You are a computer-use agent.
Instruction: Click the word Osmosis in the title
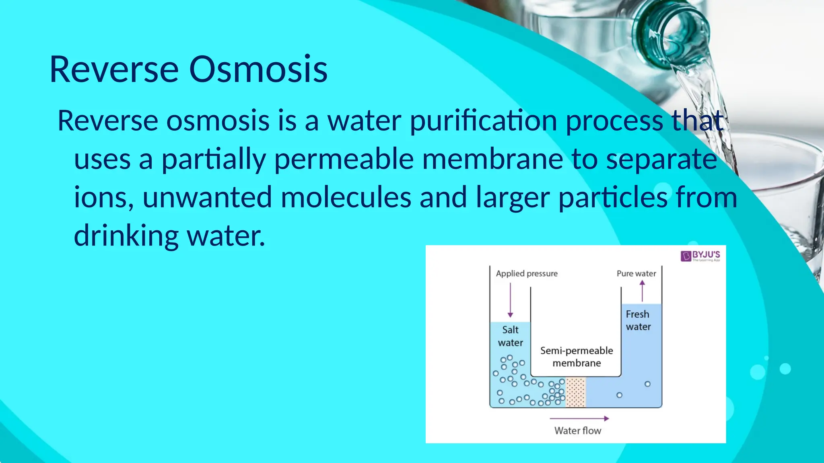click(x=258, y=70)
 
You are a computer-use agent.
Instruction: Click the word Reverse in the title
click(x=114, y=70)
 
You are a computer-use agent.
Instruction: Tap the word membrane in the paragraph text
click(x=492, y=159)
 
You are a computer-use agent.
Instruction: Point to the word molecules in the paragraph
click(x=346, y=197)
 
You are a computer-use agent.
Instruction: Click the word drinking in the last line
click(x=126, y=236)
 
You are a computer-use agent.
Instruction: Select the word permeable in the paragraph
click(x=344, y=160)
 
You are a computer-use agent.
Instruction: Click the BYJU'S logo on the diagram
click(x=700, y=256)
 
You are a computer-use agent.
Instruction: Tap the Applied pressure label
click(x=527, y=274)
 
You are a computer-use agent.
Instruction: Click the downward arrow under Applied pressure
click(x=510, y=300)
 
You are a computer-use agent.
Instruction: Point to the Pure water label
click(x=636, y=274)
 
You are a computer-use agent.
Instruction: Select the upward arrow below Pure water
click(x=642, y=291)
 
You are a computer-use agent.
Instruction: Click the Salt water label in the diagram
click(x=510, y=336)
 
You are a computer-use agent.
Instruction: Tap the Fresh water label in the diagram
click(x=638, y=320)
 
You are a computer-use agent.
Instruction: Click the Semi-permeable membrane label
click(x=577, y=357)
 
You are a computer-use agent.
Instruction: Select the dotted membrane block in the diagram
click(x=576, y=392)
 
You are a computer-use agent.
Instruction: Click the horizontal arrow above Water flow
click(x=579, y=418)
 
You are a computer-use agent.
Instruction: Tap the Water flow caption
click(x=577, y=431)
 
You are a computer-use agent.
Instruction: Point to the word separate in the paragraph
click(x=661, y=159)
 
